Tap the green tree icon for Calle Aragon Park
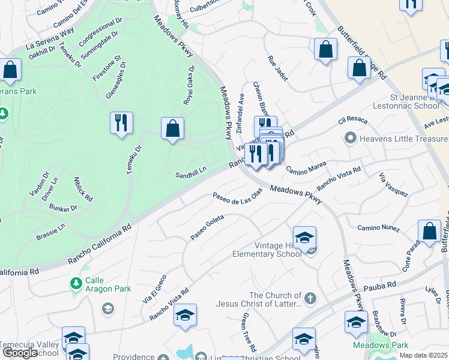pyautogui.click(x=76, y=283)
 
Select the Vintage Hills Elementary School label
pyautogui.click(x=267, y=250)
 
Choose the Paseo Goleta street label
pyautogui.click(x=207, y=227)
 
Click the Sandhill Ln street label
pyautogui.click(x=190, y=175)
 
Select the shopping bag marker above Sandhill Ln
pyautogui.click(x=172, y=128)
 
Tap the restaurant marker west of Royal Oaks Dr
pyautogui.click(x=121, y=124)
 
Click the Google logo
pyautogui.click(x=20, y=353)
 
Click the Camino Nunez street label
pyautogui.click(x=378, y=227)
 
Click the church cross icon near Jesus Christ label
pyautogui.click(x=310, y=298)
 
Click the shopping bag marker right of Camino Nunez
pyautogui.click(x=429, y=231)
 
